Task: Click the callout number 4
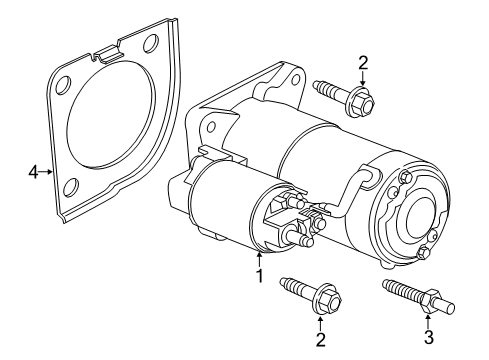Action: click(33, 173)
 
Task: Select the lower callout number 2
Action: click(320, 339)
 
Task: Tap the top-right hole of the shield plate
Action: click(150, 43)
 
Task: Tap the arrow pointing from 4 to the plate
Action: click(46, 173)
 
